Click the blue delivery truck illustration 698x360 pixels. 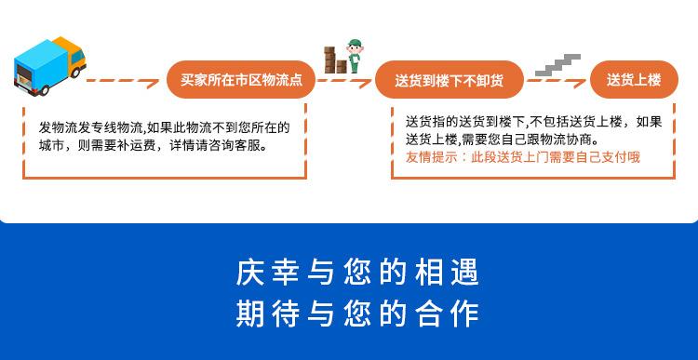click(x=50, y=66)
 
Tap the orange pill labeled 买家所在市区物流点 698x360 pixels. click(x=241, y=80)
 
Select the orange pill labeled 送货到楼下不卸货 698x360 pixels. click(x=450, y=80)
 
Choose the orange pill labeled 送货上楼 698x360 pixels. click(x=634, y=80)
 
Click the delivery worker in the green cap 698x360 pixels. click(x=355, y=56)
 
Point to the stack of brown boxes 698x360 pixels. click(x=335, y=60)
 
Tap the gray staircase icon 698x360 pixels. click(x=557, y=65)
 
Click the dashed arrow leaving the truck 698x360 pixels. click(x=123, y=82)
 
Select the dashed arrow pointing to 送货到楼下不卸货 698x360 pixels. click(x=344, y=82)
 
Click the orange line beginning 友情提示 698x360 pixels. click(x=523, y=157)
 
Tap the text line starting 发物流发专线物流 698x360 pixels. click(x=164, y=127)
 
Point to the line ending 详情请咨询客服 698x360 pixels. click(x=153, y=145)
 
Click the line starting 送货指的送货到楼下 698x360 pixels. click(x=534, y=122)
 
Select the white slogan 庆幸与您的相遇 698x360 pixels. click(x=357, y=272)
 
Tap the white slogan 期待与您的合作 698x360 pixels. click(x=357, y=313)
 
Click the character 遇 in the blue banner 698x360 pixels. click(x=465, y=272)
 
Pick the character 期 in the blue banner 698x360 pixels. click(x=249, y=313)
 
